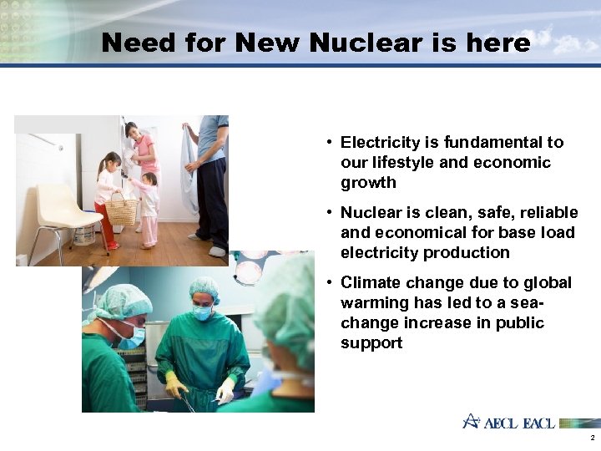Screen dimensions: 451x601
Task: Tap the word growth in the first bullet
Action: [368, 183]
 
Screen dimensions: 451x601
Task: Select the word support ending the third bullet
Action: [371, 343]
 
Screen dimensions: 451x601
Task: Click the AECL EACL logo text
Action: [518, 423]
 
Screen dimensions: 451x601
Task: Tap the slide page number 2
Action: [592, 438]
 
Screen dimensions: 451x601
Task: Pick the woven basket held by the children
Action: [123, 210]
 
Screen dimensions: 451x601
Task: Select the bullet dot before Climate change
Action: [331, 283]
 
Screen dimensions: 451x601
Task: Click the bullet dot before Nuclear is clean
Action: [331, 213]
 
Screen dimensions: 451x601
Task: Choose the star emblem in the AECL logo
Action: [472, 421]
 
